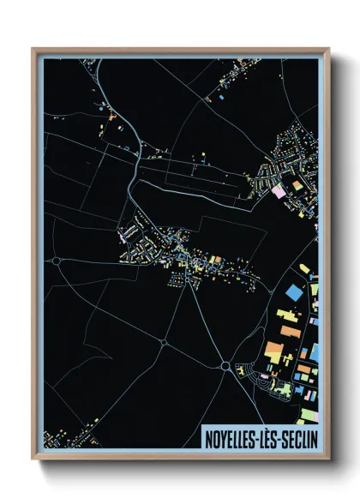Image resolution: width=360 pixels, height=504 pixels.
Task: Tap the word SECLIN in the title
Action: point(298,439)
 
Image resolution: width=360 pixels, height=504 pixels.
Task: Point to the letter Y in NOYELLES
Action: point(221,439)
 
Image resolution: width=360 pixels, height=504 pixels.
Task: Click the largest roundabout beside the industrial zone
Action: point(225,366)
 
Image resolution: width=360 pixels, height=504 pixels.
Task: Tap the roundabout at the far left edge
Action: point(57,260)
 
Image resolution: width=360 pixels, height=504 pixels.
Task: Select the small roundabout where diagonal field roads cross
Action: point(163,344)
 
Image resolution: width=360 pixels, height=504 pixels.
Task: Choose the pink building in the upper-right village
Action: point(279,191)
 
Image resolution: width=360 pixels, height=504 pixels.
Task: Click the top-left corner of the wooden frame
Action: point(33,50)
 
